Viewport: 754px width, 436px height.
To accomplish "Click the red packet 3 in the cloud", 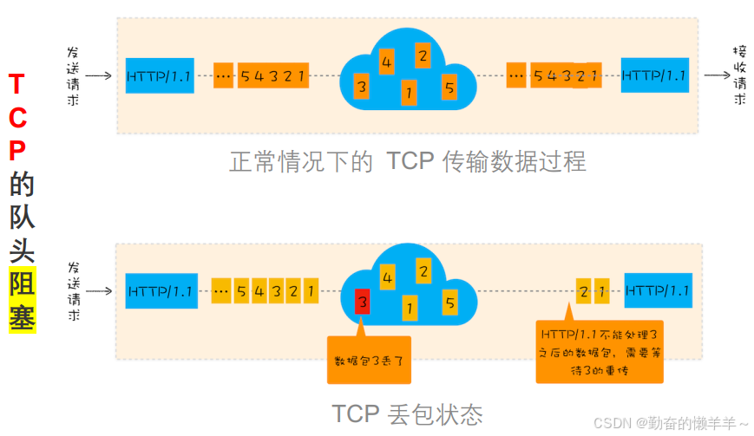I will [x=363, y=302].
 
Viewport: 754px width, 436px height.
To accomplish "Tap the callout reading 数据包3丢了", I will [x=368, y=360].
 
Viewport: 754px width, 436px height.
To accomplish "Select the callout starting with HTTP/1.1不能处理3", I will [x=599, y=352].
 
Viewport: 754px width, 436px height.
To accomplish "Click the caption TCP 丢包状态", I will [x=407, y=413].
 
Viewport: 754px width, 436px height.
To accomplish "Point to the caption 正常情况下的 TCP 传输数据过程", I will [x=408, y=161].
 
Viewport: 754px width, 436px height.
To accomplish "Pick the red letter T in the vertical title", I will [x=16, y=84].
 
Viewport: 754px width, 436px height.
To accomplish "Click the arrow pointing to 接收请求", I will [x=716, y=75].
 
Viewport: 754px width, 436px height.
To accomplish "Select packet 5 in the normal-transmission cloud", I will [x=449, y=87].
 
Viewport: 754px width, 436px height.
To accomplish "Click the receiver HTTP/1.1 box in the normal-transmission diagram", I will [x=653, y=75].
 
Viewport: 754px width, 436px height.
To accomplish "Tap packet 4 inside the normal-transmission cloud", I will [x=386, y=62].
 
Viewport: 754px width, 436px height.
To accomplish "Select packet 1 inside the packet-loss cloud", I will [x=409, y=306].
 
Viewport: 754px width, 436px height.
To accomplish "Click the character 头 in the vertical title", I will [x=22, y=251].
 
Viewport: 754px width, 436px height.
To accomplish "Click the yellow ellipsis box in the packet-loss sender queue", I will [x=221, y=290].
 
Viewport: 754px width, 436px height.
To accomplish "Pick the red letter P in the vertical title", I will [x=16, y=151].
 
